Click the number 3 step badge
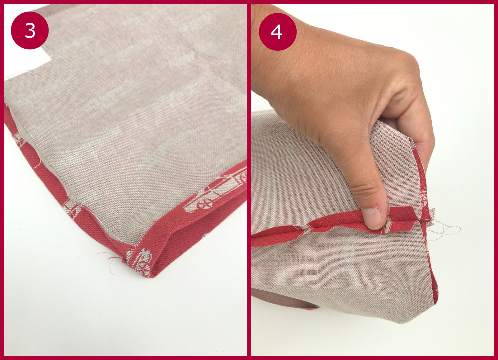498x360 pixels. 30,31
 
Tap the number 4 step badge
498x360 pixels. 278,32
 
